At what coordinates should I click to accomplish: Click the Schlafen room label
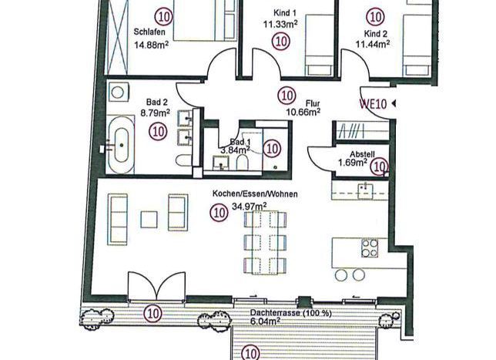(x=149, y=32)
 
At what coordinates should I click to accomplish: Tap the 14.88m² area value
(x=151, y=45)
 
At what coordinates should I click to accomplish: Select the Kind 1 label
(x=285, y=13)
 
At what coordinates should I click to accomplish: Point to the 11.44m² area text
(x=373, y=44)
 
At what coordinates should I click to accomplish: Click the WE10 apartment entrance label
(x=373, y=104)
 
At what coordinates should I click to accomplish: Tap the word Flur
(x=313, y=103)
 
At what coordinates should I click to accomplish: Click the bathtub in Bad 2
(x=122, y=145)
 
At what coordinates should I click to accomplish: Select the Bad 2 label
(x=157, y=103)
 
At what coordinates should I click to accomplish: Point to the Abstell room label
(x=362, y=154)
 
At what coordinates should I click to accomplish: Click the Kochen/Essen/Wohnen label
(x=255, y=193)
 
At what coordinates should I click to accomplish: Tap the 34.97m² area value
(x=249, y=207)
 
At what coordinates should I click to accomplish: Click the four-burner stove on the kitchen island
(x=370, y=248)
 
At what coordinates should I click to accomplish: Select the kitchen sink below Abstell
(x=365, y=191)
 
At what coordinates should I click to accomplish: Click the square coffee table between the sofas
(x=149, y=220)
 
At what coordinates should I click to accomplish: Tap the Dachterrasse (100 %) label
(x=290, y=313)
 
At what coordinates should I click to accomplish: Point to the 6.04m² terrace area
(x=265, y=321)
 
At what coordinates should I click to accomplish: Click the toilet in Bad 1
(x=243, y=162)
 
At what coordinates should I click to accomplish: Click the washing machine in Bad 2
(x=119, y=93)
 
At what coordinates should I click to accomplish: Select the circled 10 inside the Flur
(x=287, y=96)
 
